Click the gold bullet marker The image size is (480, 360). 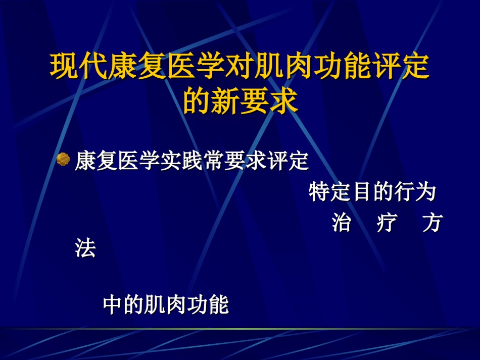63,159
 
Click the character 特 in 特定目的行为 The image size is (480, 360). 319,192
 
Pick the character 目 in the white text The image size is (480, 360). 362,192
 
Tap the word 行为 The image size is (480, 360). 415,192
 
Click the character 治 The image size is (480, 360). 342,222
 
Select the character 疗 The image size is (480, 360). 387,222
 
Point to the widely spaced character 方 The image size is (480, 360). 433,222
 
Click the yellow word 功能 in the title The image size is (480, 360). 343,66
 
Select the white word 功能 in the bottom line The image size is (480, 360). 208,304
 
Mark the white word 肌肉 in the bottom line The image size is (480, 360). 165,304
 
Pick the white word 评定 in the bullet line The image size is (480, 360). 288,160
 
